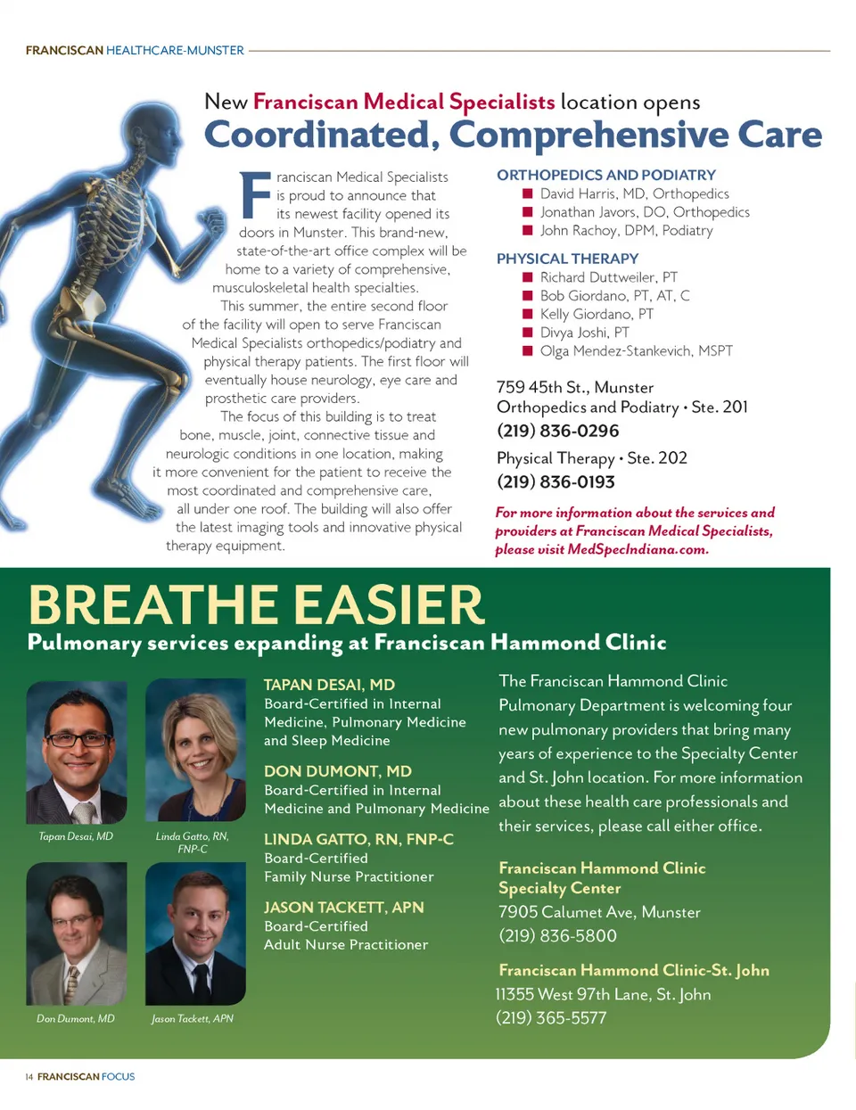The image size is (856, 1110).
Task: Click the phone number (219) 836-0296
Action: coord(557,432)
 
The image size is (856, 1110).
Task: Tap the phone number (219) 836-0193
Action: coord(556,482)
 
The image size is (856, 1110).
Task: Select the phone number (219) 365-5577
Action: coord(551,1018)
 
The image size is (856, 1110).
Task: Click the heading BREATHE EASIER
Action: coord(256,605)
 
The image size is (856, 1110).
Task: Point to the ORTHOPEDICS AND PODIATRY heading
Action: coord(606,176)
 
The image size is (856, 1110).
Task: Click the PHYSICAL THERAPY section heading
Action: coord(567,259)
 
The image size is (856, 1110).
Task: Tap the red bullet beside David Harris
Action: coord(527,193)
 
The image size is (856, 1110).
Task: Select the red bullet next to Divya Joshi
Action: coord(527,333)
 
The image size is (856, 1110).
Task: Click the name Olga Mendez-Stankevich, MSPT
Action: coord(636,351)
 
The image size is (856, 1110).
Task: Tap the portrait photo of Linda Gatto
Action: coord(195,750)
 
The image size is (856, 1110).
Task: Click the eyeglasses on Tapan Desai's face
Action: coord(79,739)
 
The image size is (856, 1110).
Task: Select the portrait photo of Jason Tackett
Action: coord(195,933)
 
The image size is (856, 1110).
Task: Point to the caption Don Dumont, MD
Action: coord(76,1018)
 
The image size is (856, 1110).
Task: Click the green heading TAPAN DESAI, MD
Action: coord(329,685)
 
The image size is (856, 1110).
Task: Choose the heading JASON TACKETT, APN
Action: coord(343,908)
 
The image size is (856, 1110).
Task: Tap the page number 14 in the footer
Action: coord(29,1077)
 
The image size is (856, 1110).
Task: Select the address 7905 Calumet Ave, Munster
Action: coord(599,912)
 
